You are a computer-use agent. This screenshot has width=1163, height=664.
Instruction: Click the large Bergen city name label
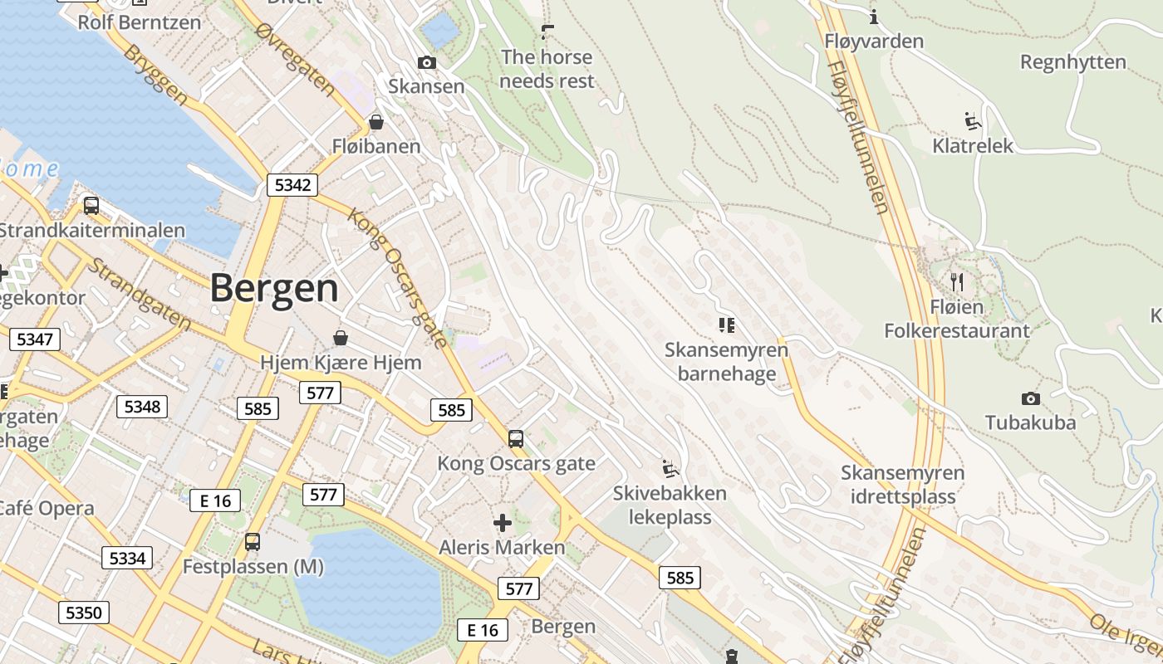coord(274,289)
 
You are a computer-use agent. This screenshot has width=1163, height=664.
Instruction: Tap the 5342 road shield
coord(292,185)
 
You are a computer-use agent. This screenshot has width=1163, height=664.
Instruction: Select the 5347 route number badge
coord(34,339)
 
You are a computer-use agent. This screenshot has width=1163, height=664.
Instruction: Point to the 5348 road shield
coord(142,407)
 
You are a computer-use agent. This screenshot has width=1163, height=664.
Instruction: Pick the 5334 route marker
coord(127,558)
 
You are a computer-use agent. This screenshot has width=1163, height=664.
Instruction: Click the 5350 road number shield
coord(83,613)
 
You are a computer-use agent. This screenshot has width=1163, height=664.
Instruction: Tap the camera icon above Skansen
coord(426,63)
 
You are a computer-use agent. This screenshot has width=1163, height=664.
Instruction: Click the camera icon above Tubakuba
coord(1030,399)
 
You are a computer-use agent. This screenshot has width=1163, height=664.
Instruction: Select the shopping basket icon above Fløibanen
coord(376,123)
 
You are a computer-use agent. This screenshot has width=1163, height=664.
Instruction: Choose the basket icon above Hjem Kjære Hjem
coord(341,338)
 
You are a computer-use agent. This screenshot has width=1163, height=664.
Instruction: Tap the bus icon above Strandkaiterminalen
coord(91,206)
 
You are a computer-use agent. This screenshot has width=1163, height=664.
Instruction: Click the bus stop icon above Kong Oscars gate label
coord(516,439)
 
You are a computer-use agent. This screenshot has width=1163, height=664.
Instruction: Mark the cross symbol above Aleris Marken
coord(503,523)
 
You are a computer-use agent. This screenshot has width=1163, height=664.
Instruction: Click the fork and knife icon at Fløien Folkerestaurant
coord(957,282)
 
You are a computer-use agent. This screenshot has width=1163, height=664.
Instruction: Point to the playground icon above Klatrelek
coord(973,121)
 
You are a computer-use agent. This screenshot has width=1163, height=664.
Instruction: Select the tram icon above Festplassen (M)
coord(253,542)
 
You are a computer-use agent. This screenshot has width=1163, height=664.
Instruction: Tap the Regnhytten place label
coord(1073,62)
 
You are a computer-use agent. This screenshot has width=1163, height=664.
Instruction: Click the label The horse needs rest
coord(547,69)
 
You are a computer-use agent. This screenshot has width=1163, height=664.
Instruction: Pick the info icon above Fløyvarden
coord(874,17)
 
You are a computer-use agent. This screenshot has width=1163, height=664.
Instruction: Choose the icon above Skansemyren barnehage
coord(727,325)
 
